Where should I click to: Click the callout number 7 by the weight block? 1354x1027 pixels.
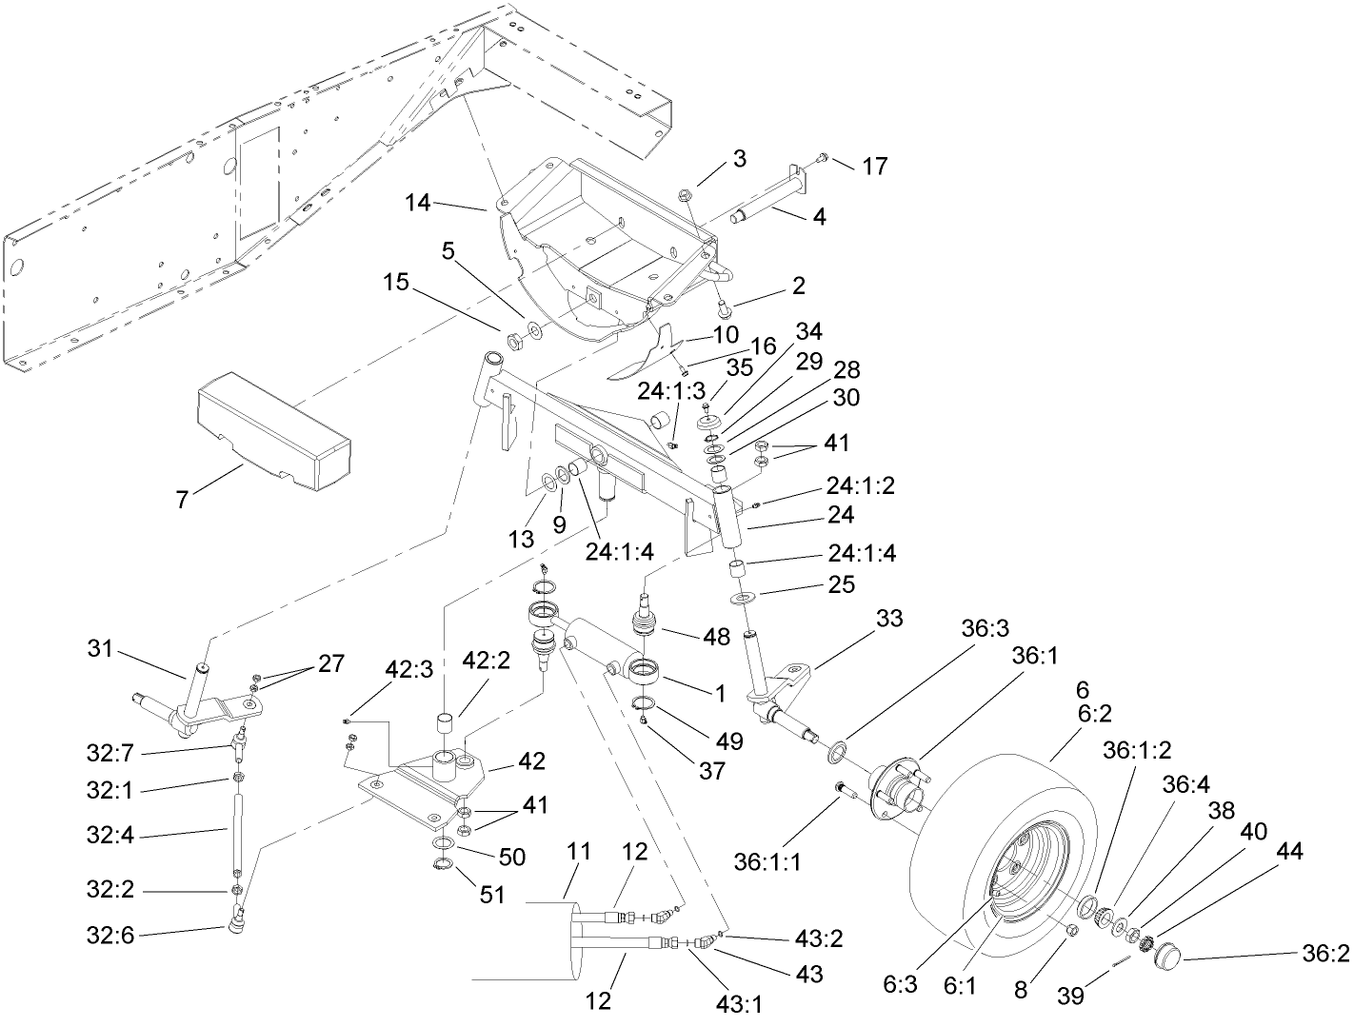(181, 499)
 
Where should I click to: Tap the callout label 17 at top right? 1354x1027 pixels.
(874, 167)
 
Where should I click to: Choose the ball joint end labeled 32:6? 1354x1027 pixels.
(236, 921)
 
